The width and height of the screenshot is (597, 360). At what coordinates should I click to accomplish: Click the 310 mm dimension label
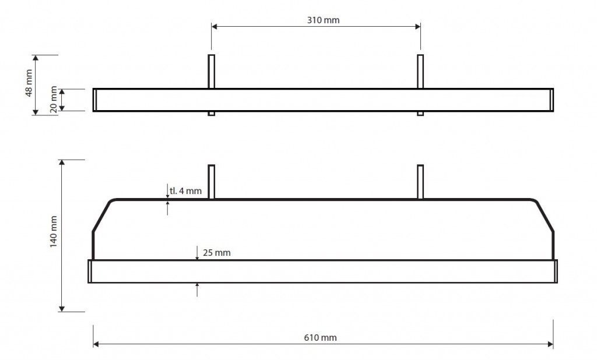pos(323,20)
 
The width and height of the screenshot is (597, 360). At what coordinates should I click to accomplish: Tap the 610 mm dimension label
pos(320,337)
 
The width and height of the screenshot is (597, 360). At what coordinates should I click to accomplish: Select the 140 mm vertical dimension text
pos(53,232)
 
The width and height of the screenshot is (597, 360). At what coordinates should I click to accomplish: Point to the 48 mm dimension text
pos(29,83)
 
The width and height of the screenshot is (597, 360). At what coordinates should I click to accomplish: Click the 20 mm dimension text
pos(53,100)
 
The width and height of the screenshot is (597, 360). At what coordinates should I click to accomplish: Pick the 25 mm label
pos(217,253)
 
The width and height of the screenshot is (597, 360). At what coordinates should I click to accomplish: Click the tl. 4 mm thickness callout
pos(186,190)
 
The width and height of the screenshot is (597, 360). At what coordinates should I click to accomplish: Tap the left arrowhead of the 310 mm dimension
pos(214,26)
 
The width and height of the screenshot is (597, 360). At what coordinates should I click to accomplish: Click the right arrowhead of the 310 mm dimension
pos(417,26)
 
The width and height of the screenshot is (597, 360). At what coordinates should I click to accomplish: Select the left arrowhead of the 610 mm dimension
pos(96,344)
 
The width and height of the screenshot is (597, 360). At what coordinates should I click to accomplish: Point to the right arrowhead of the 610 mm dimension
pos(550,344)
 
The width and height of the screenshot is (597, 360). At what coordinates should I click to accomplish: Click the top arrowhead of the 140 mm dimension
pos(62,163)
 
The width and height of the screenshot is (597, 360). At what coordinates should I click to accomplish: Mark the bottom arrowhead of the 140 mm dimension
pos(62,309)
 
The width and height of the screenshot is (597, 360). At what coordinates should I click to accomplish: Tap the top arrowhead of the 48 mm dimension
pos(36,58)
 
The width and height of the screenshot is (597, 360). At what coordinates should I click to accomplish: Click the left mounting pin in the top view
pos(211,85)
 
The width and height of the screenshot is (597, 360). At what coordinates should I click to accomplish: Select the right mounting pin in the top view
pos(420,85)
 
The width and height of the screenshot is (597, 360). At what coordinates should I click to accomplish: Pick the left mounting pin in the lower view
pos(211,182)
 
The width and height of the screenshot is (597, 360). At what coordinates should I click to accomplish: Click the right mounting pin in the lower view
pos(420,182)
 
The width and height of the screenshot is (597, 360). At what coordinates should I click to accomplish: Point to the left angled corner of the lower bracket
pos(101,215)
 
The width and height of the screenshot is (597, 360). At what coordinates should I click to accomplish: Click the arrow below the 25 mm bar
pos(197,290)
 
